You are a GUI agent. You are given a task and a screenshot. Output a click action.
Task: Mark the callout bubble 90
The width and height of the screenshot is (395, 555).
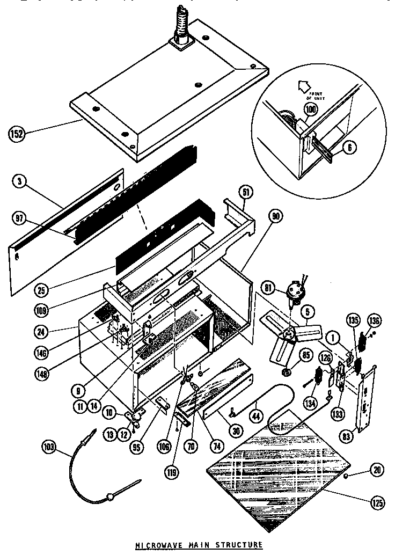[x=276, y=216]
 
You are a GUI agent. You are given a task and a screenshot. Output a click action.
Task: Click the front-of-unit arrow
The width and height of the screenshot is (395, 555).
[x=303, y=85]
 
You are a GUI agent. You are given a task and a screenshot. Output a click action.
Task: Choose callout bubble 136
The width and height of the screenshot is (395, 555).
[x=374, y=322]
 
